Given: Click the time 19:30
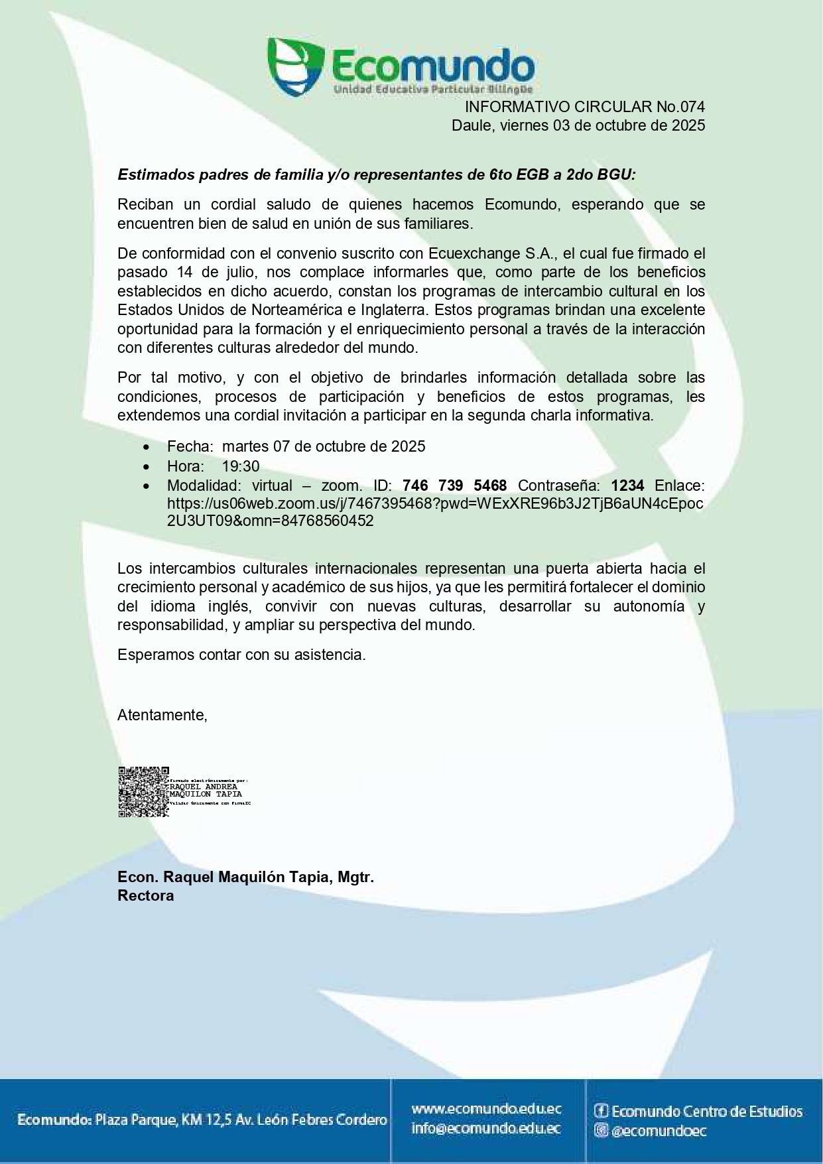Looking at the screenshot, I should [241, 466].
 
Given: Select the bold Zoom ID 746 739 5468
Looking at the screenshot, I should [454, 485].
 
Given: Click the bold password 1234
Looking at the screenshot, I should [627, 485].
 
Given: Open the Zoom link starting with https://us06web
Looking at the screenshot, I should [434, 504].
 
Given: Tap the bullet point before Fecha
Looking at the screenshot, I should [146, 448].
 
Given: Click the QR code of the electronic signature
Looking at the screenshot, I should [143, 792].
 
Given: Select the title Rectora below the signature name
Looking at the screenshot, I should [146, 896].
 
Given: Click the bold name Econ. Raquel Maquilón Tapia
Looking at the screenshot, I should [245, 877].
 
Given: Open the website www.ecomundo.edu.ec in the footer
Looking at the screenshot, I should [486, 1108].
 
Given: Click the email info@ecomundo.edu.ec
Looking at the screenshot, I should [486, 1128].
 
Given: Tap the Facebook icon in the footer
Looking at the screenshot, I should [601, 1111].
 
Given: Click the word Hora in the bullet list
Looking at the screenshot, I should [184, 466].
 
